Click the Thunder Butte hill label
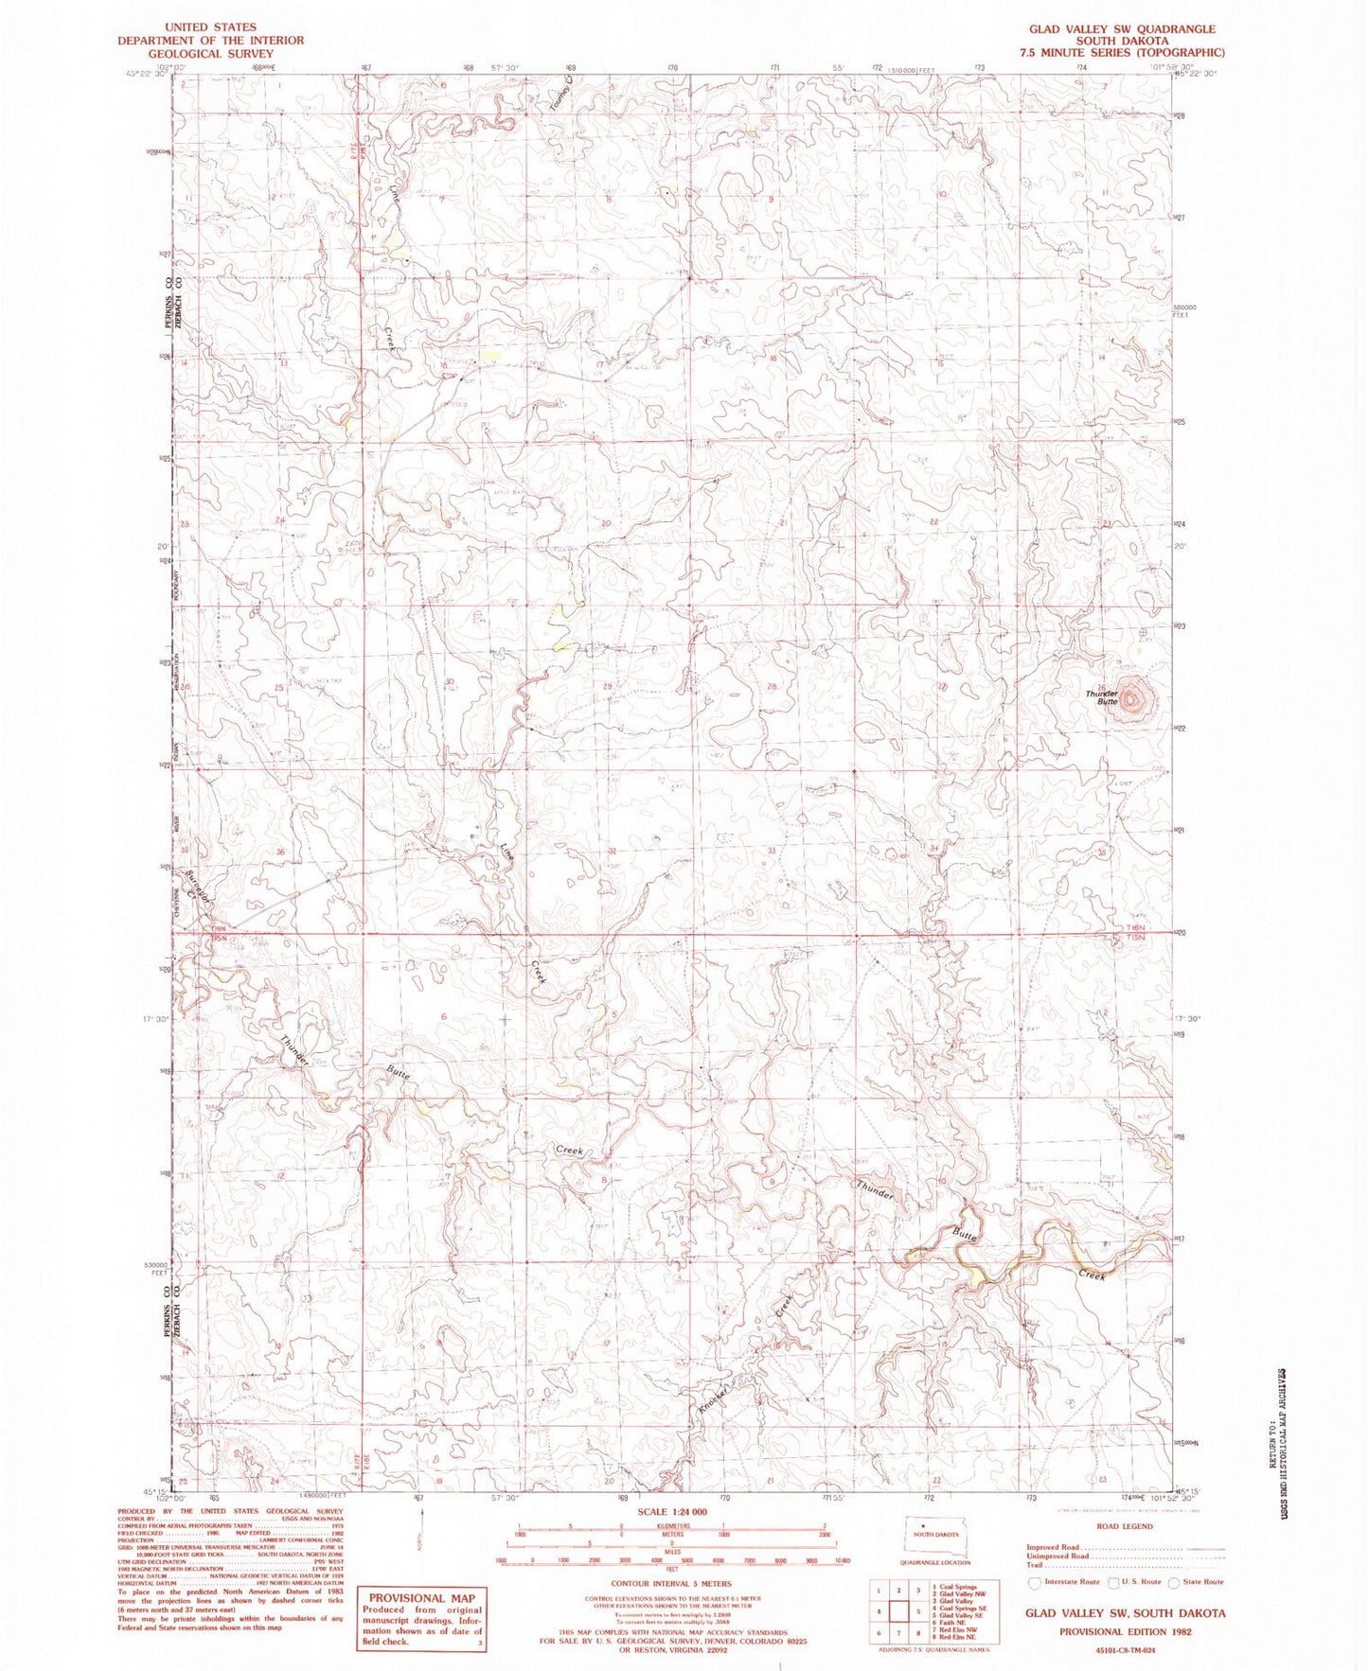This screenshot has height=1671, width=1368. pyautogui.click(x=1102, y=697)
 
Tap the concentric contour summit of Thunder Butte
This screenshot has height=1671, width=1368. pyautogui.click(x=1133, y=698)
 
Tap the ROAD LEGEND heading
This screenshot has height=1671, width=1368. pyautogui.click(x=1125, y=1526)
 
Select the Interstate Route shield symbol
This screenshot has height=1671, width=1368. pyautogui.click(x=1035, y=1582)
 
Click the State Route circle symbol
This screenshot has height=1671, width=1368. pyautogui.click(x=1174, y=1582)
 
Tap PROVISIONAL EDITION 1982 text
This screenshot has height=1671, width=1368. pyautogui.click(x=1125, y=1631)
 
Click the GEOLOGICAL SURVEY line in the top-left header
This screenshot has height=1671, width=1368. pyautogui.click(x=210, y=53)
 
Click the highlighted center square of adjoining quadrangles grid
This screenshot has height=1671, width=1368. pyautogui.click(x=898, y=1610)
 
